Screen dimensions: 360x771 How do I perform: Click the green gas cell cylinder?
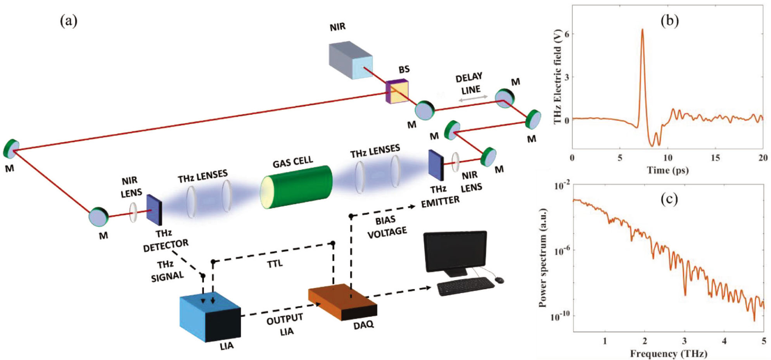click(x=297, y=187)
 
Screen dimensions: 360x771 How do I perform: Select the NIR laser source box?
click(x=351, y=60)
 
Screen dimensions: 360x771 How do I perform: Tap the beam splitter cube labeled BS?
click(x=397, y=92)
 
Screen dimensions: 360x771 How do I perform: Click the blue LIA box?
click(x=210, y=316)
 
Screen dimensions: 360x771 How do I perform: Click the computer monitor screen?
click(x=455, y=251)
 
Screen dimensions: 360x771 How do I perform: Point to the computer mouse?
click(x=500, y=280)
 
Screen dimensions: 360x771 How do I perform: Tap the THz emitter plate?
click(x=436, y=165)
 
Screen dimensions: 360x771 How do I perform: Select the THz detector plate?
click(x=154, y=210)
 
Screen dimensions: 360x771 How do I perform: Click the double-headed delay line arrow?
click(x=473, y=99)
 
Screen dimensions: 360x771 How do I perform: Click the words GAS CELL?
click(x=293, y=162)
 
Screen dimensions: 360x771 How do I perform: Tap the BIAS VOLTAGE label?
click(x=387, y=227)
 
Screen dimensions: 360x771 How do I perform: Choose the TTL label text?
click(x=275, y=264)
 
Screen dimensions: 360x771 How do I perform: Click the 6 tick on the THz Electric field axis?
click(x=567, y=34)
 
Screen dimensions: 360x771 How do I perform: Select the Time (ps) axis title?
click(x=667, y=170)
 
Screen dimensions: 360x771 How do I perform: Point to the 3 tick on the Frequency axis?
click(x=685, y=341)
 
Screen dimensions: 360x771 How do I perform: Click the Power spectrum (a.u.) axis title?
click(x=543, y=258)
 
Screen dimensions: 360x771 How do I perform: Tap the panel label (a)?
click(x=69, y=20)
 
